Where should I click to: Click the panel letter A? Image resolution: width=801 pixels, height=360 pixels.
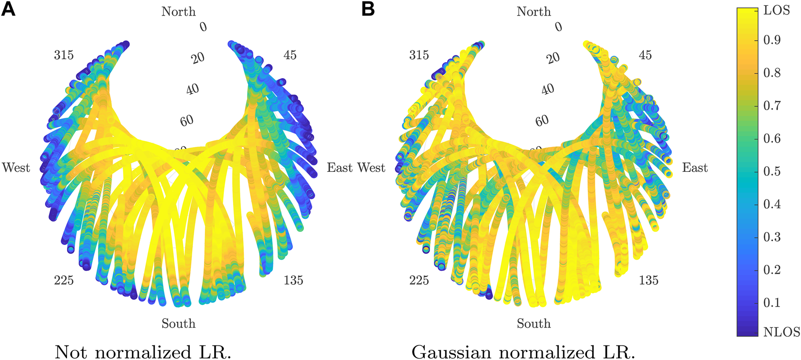[8, 9]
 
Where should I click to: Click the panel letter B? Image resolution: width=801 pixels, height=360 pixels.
[368, 9]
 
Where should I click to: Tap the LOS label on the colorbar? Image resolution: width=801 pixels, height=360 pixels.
[776, 11]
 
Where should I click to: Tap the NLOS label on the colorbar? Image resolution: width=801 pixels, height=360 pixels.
[781, 332]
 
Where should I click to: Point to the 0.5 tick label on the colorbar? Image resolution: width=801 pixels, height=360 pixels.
[771, 171]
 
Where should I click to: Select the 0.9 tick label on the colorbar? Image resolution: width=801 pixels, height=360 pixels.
[771, 40]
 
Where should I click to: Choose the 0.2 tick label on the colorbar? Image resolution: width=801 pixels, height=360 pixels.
[771, 270]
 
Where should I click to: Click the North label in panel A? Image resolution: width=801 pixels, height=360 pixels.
[178, 12]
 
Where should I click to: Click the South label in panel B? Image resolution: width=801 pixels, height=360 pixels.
[534, 324]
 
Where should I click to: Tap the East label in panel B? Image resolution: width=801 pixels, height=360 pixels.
[695, 168]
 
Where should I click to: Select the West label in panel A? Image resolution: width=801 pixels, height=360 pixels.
[16, 168]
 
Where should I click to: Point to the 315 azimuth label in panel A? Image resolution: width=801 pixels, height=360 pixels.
[64, 55]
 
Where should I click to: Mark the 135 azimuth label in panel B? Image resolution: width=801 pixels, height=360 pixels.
[648, 280]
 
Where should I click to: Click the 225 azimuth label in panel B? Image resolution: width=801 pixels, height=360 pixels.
[419, 280]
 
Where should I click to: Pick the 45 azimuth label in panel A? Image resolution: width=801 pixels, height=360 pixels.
[290, 55]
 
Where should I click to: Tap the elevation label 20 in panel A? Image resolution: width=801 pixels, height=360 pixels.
[198, 58]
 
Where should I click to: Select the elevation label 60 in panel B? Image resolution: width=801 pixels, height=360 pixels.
[542, 120]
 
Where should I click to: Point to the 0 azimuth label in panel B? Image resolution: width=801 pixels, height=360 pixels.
[558, 27]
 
